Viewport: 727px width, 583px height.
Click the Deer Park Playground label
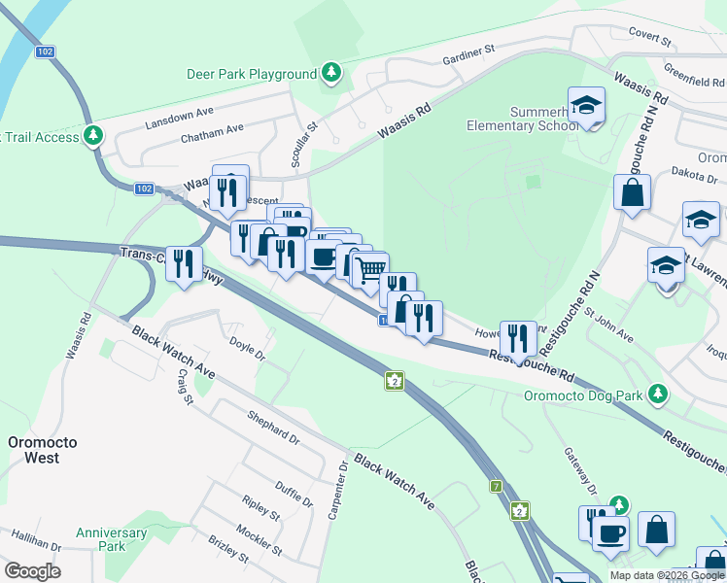click(252, 74)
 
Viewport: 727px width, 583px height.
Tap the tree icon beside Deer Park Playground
click(331, 72)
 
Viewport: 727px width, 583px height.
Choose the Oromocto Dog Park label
click(583, 395)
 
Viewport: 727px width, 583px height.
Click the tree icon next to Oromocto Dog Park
click(658, 393)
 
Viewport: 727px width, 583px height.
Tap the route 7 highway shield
click(497, 486)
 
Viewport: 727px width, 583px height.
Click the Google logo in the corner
click(32, 571)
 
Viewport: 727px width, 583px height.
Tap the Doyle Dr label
click(247, 349)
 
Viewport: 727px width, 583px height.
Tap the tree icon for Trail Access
click(93, 135)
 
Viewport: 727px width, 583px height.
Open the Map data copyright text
click(667, 575)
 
